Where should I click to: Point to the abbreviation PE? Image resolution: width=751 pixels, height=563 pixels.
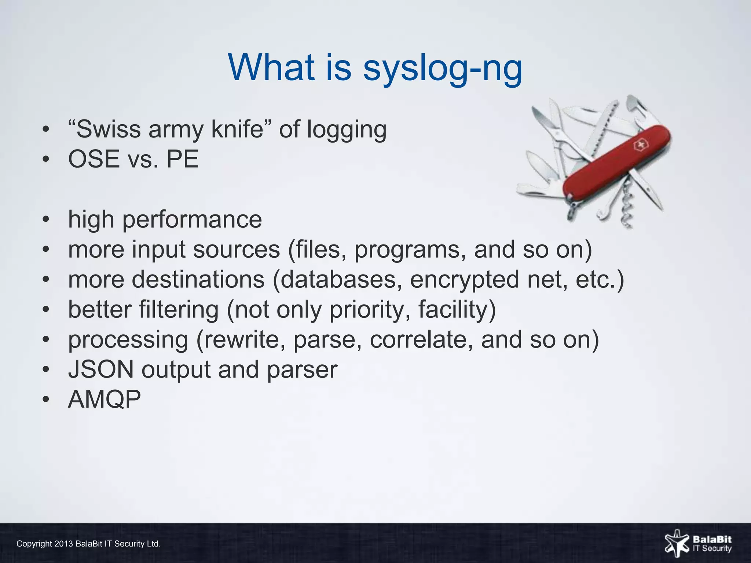(182, 159)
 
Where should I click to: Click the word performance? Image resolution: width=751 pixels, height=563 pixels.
(192, 220)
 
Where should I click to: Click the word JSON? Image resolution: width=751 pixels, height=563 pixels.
(101, 369)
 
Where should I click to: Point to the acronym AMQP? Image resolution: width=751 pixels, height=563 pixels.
(105, 399)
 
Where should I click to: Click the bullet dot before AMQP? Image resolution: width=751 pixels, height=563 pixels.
(45, 399)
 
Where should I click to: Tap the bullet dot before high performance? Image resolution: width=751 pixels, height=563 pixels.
(45, 220)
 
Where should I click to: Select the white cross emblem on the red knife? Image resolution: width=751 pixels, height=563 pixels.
(641, 146)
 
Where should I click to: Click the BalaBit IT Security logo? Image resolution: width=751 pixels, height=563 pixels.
(698, 544)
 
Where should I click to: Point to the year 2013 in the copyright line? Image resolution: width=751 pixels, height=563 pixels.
(63, 544)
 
